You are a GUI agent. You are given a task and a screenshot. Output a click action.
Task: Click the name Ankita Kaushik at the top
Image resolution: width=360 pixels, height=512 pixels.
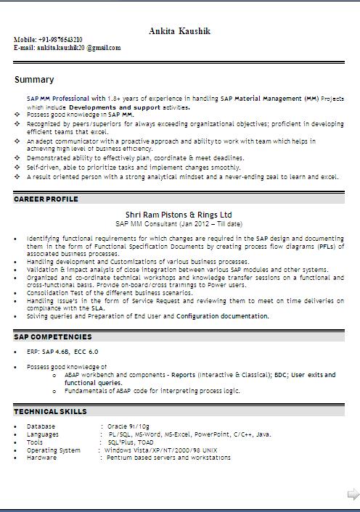point(180,30)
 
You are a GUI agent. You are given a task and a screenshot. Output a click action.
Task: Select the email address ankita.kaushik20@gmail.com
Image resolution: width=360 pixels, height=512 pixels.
point(79,48)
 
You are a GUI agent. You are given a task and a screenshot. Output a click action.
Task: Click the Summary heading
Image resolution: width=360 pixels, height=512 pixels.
point(33,80)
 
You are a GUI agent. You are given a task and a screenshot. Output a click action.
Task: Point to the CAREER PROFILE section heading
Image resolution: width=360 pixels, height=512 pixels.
point(46,199)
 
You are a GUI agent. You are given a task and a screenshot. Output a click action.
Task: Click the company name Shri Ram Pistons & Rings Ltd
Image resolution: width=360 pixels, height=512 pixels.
point(179,215)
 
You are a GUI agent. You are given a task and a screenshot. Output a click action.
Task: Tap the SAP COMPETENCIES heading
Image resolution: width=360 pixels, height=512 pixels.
point(52,336)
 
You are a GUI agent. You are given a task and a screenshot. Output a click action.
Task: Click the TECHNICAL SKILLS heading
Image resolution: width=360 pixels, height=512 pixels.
point(49,411)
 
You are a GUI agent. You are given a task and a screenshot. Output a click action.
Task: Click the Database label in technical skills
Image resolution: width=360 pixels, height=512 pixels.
point(41,426)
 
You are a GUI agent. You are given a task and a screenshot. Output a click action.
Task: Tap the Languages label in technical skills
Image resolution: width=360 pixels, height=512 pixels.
point(43,434)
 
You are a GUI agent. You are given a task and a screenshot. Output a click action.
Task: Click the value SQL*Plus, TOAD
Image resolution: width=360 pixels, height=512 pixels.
point(131,442)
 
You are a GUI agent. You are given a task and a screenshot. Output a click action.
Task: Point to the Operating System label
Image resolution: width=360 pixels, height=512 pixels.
point(54,450)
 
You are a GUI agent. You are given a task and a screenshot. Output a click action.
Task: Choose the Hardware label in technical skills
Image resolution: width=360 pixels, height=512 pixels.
point(41,458)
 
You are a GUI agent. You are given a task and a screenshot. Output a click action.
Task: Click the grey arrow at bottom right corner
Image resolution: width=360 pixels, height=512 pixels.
point(353,495)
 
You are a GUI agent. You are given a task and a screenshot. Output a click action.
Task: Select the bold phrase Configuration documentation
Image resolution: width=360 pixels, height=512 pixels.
point(222,316)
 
